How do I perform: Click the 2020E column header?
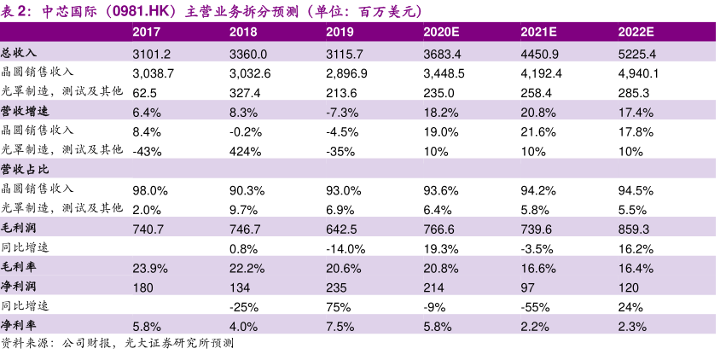click(441, 32)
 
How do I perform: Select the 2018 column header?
click(243, 32)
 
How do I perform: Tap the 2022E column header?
click(636, 32)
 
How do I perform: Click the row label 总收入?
click(19, 53)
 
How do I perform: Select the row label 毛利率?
click(19, 268)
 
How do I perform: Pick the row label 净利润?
click(19, 287)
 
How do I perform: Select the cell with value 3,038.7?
click(154, 73)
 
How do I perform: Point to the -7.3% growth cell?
click(342, 112)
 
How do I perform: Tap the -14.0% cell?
click(345, 248)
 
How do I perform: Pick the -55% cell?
click(534, 306)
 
